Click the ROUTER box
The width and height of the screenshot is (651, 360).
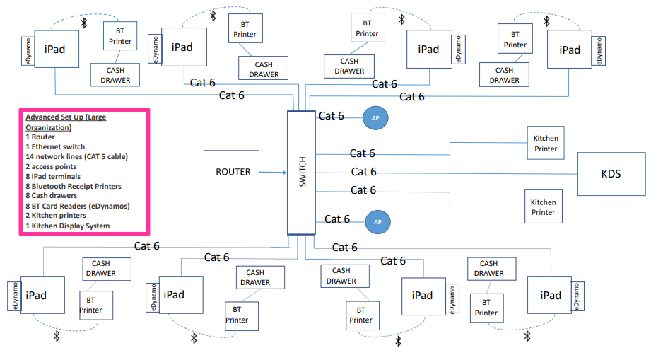click(x=233, y=171)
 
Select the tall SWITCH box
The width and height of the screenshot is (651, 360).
click(x=302, y=173)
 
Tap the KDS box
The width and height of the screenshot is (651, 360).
click(x=612, y=173)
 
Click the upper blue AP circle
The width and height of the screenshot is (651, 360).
click(x=376, y=118)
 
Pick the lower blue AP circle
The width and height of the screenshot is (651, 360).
click(x=377, y=222)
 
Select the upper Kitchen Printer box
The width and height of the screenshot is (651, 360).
click(x=545, y=144)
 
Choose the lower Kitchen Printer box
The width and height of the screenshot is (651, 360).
click(x=543, y=207)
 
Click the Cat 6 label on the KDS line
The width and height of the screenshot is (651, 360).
click(x=363, y=171)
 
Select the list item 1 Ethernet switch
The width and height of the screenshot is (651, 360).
click(x=55, y=147)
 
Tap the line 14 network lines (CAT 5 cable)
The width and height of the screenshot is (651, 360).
click(x=76, y=156)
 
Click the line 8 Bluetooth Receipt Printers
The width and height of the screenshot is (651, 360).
click(x=73, y=186)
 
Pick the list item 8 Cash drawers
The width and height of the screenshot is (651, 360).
click(x=52, y=196)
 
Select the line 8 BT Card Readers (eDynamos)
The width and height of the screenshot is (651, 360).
click(x=77, y=206)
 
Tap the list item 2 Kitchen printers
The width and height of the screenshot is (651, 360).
click(x=56, y=216)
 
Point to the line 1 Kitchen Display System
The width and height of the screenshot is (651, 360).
click(x=67, y=226)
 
